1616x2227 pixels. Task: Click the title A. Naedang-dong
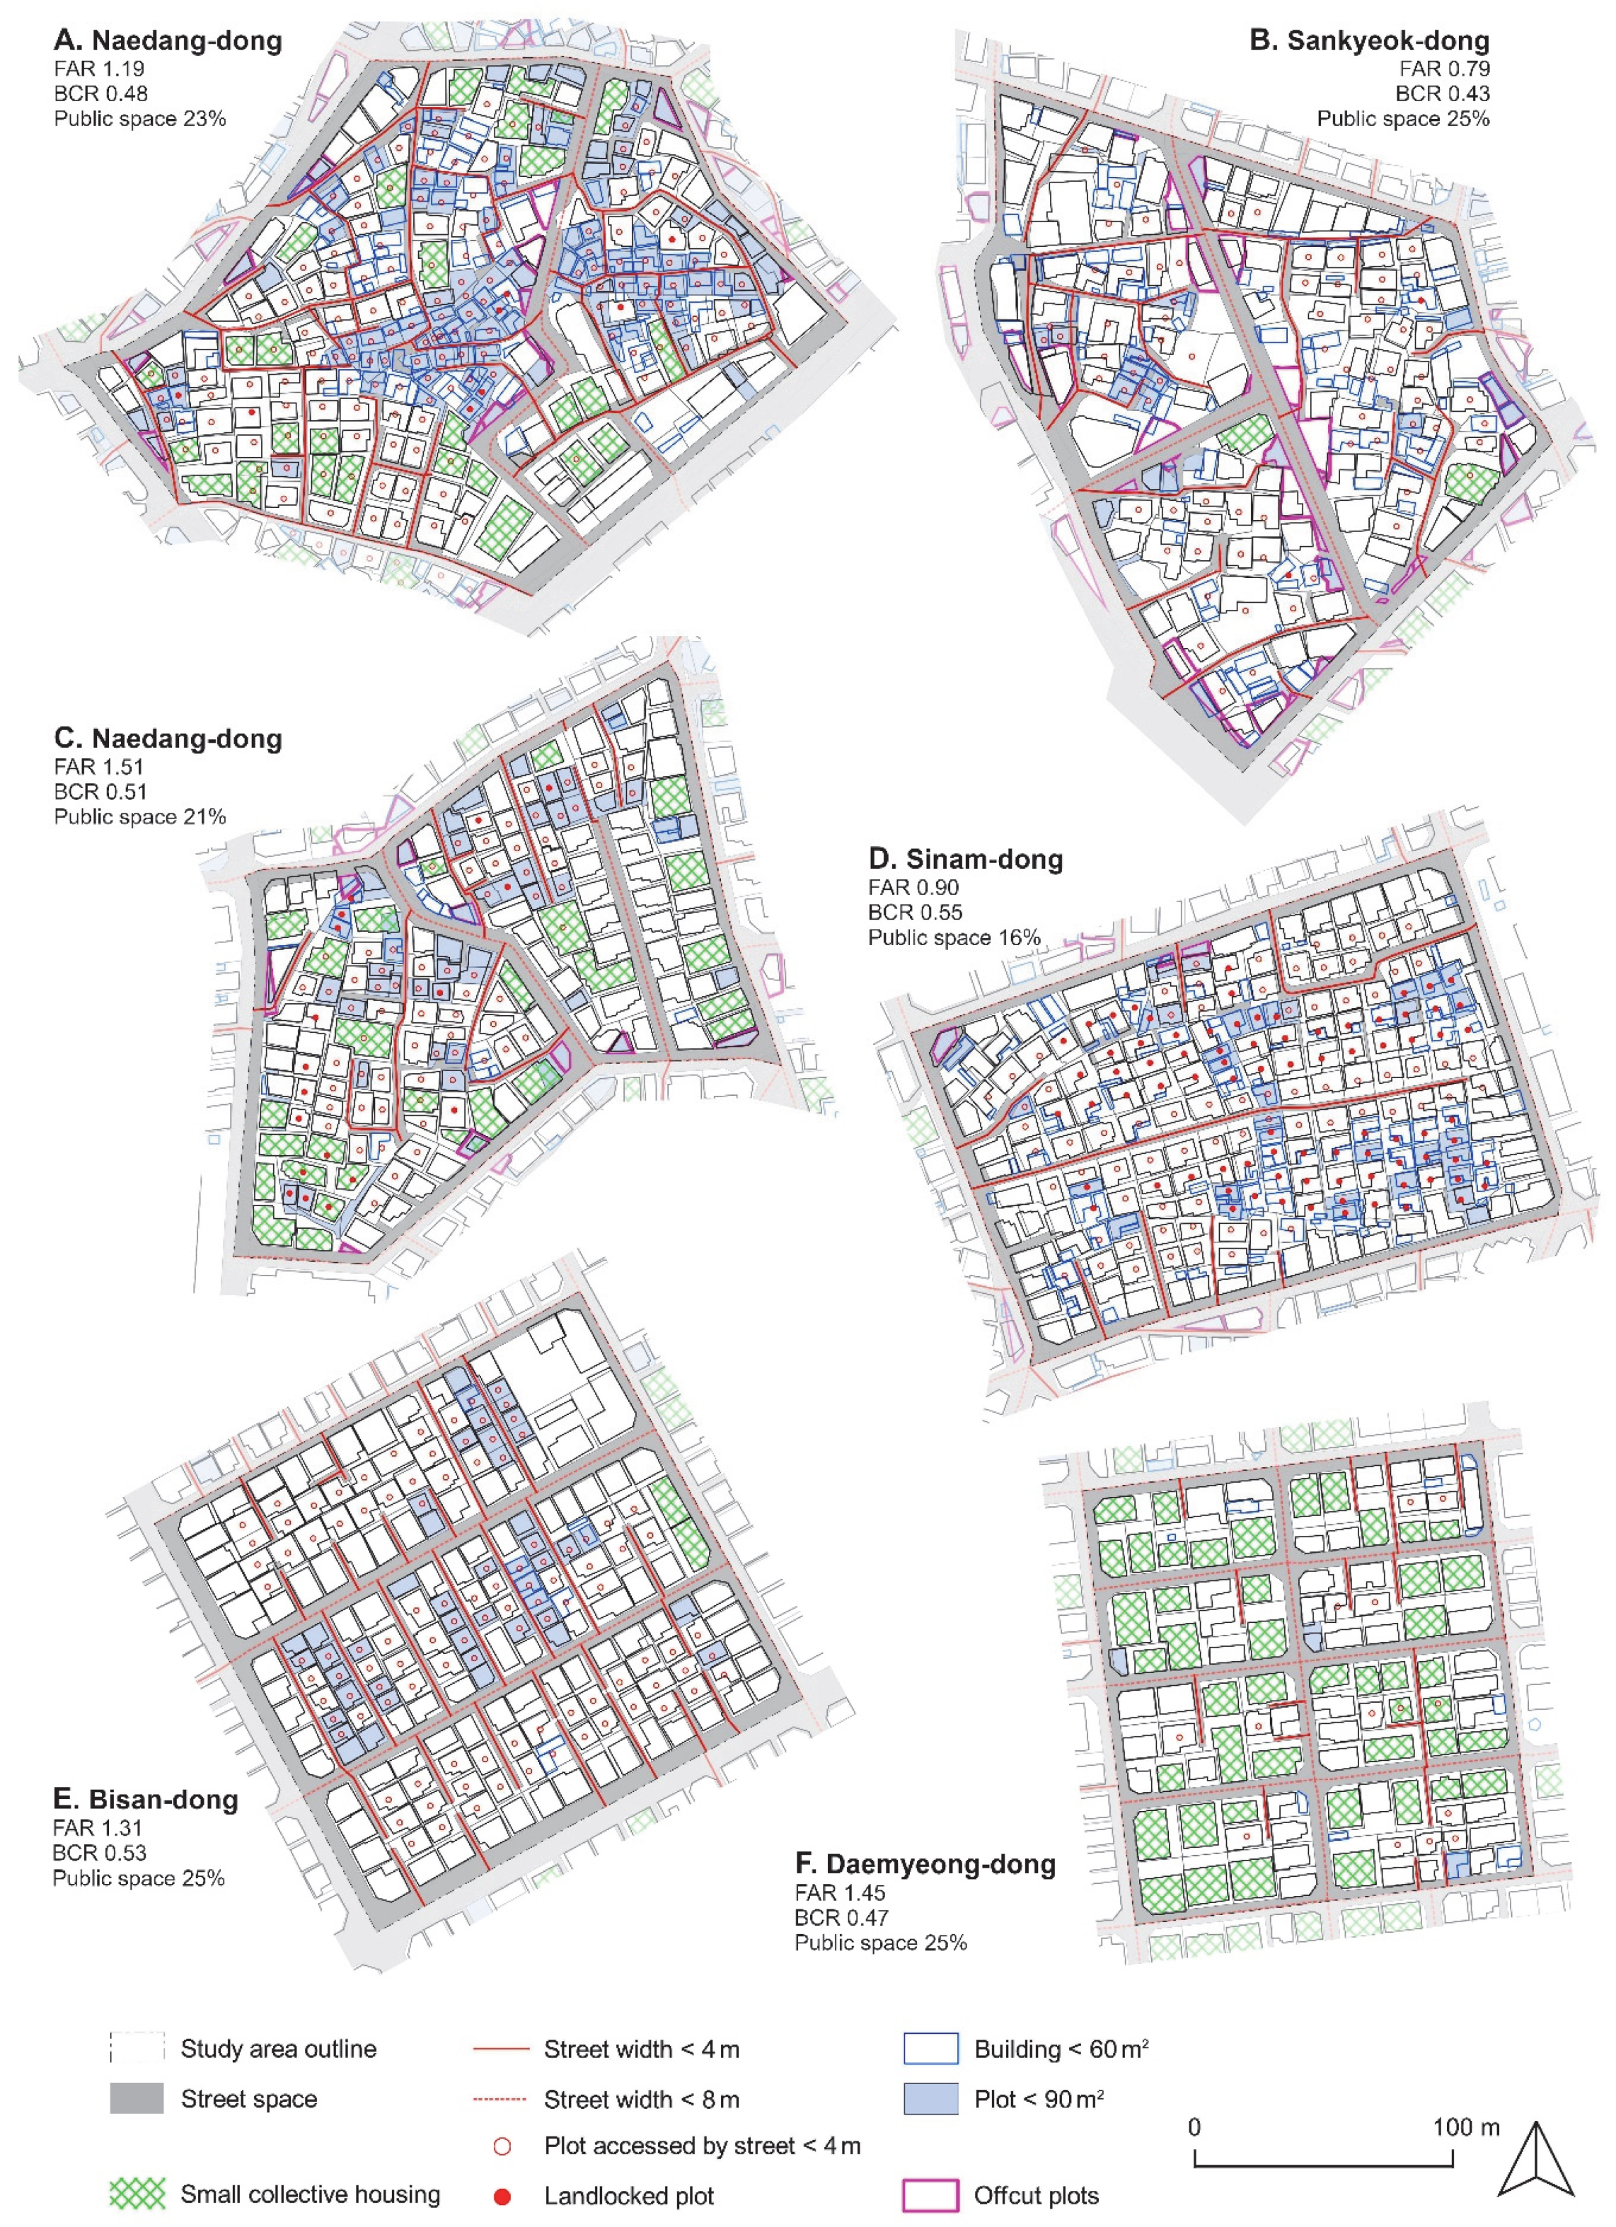tap(168, 41)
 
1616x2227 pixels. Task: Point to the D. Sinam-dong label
tap(965, 860)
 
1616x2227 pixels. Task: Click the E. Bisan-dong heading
tap(145, 1799)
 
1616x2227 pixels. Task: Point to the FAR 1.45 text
tap(841, 1892)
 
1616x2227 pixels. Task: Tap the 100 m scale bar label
tap(1466, 2127)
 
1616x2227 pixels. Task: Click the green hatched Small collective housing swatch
tap(137, 2194)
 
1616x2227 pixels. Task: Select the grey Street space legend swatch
tap(137, 2098)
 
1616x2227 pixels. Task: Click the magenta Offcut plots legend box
tap(930, 2194)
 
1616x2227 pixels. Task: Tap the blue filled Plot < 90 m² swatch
tap(930, 2098)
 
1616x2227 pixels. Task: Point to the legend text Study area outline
tap(278, 2049)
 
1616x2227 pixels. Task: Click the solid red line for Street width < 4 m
tap(502, 2050)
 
